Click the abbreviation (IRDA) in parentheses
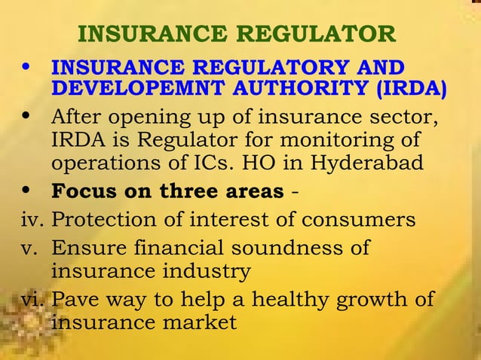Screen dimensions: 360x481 [409, 87]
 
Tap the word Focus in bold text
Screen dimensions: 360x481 [83, 191]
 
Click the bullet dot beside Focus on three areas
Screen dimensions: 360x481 [27, 190]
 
